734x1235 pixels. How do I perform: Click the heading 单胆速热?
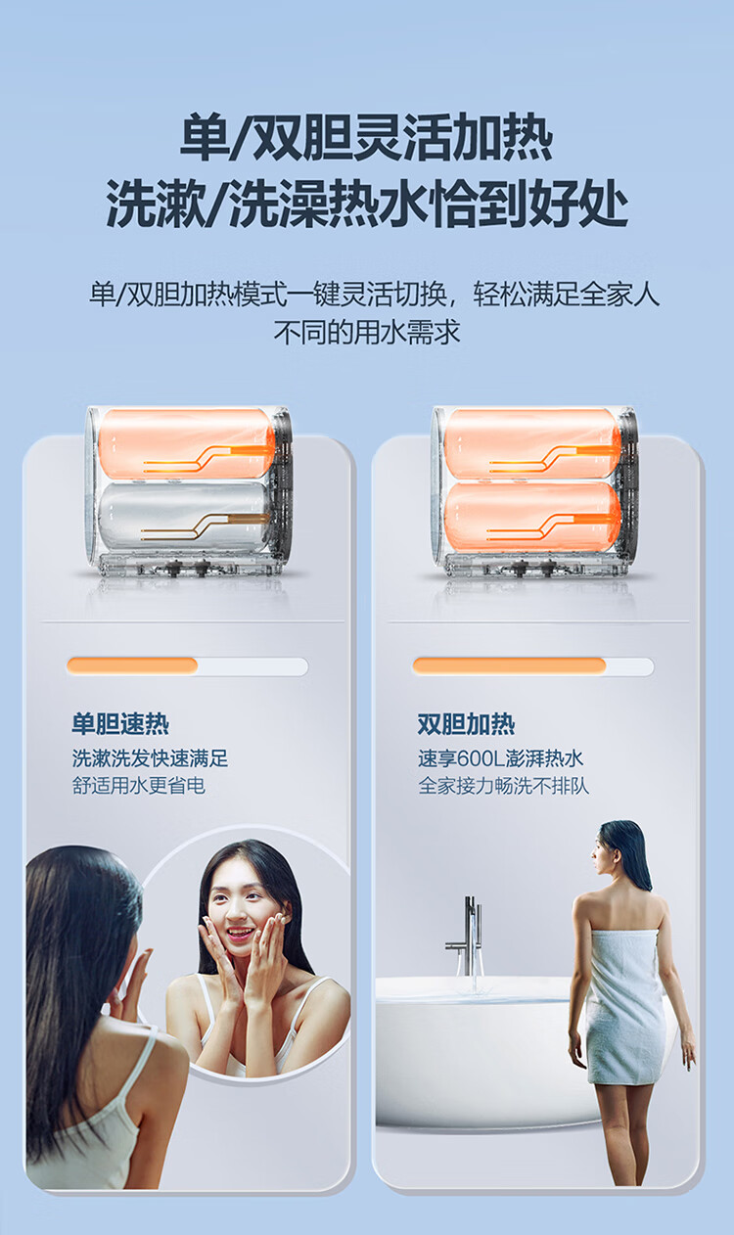(120, 724)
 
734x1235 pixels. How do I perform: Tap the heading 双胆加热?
(466, 724)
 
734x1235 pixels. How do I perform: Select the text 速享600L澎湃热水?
(500, 759)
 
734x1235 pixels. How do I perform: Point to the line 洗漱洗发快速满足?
(150, 759)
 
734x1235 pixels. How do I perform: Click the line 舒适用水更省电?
(138, 786)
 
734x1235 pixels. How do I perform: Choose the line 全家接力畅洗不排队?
(503, 786)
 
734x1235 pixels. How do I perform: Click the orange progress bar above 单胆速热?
(132, 666)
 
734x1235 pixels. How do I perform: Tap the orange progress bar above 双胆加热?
(509, 666)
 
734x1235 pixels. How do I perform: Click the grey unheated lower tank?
(185, 517)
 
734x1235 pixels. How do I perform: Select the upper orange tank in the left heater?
(186, 444)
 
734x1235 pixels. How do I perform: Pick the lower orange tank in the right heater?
(532, 517)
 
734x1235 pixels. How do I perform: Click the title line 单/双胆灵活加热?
(367, 137)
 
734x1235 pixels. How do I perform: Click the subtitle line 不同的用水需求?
(367, 333)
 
